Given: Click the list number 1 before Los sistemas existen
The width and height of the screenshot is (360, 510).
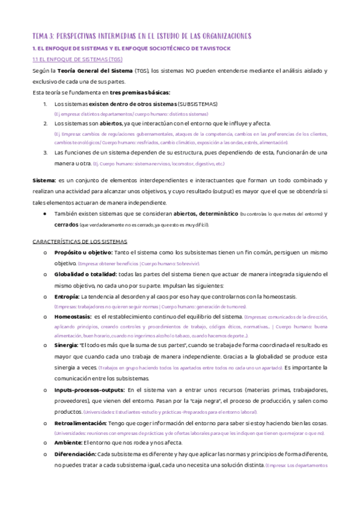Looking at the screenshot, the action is (46, 104).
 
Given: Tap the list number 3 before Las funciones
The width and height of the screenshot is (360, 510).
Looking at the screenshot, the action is (46, 153).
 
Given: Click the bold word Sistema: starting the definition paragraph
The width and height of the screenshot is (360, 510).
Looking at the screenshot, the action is (43, 180).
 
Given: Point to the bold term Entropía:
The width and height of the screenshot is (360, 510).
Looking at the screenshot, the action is (67, 296).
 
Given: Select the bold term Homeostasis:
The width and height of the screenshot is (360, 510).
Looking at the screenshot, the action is (73, 316).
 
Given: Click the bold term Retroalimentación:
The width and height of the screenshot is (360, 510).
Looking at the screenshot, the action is (80, 423).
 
